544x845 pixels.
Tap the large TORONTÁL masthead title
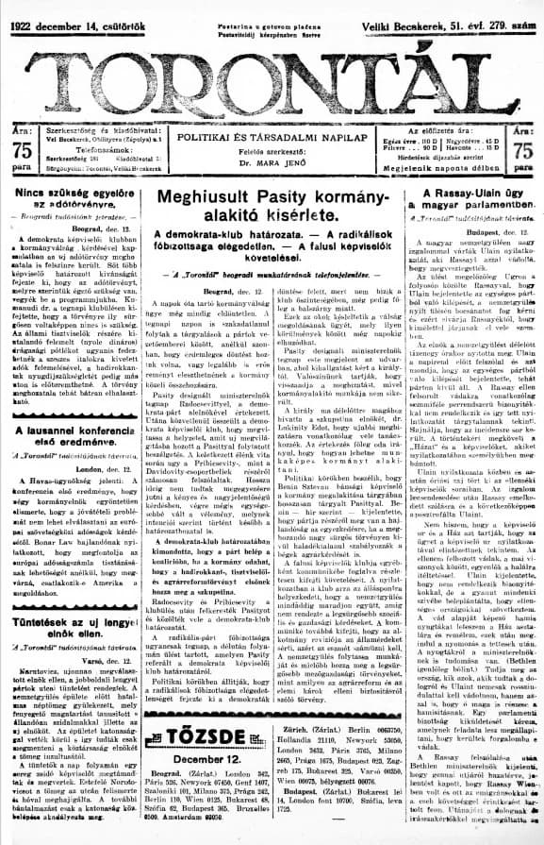click(272, 72)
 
